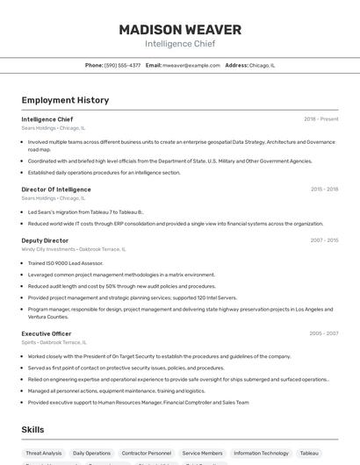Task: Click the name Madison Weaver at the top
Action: pos(180,30)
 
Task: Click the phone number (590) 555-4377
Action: pos(122,65)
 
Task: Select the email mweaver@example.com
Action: pos(191,65)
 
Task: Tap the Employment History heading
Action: pos(65,100)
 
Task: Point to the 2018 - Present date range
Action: pos(320,118)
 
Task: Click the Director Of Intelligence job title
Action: pos(56,189)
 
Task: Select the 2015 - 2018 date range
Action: pos(324,189)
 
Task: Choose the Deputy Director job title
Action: pos(45,240)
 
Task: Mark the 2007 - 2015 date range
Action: pos(324,240)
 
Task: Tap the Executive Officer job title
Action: pos(47,333)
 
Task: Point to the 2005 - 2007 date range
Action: pos(324,333)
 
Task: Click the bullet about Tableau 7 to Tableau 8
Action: pos(85,211)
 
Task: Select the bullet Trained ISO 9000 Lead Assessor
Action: pos(65,262)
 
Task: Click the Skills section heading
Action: pos(33,430)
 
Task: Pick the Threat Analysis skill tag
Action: pos(44,454)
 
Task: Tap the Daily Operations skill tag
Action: pos(91,454)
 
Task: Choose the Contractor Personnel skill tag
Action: pos(147,454)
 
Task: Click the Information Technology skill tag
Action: pos(261,454)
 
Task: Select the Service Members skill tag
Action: pos(202,454)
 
